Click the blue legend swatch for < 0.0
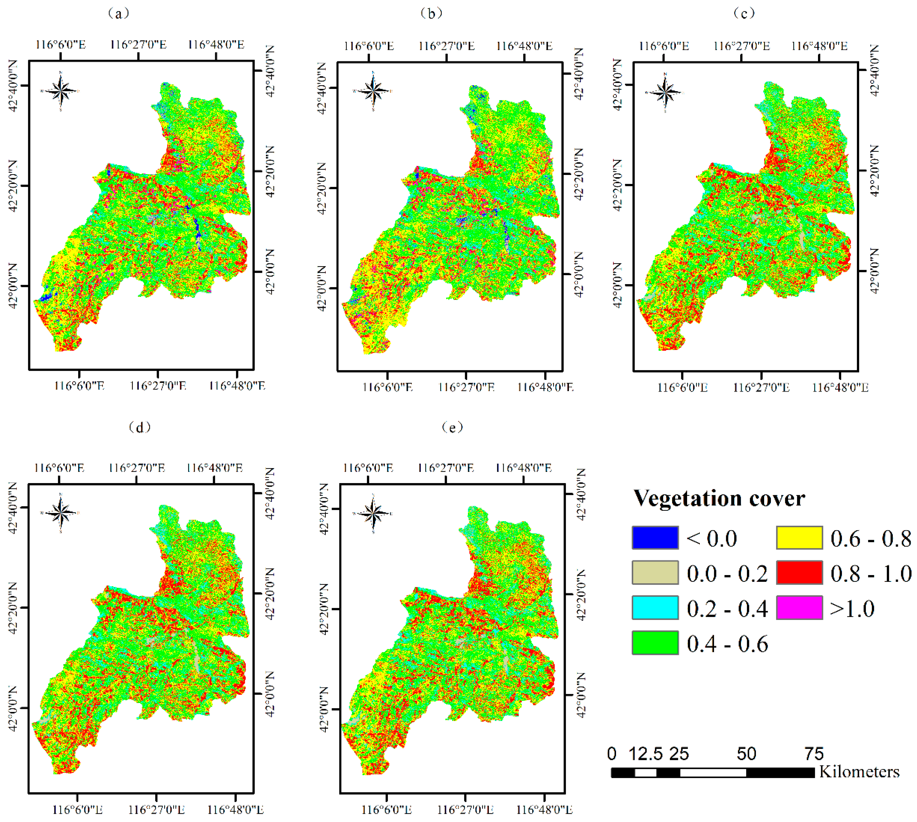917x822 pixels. coord(655,538)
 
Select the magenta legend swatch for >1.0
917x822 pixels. coord(799,608)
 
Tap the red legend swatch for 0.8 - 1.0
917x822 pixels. coord(799,573)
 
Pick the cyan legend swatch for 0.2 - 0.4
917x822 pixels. coord(655,608)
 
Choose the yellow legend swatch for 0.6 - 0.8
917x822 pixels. coord(799,538)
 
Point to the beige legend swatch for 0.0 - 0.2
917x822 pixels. coord(655,573)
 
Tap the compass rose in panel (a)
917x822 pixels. coord(60,91)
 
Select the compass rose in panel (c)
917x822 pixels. coord(665,93)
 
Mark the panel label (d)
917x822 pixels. coord(140,427)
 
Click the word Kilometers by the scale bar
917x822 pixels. coord(859,772)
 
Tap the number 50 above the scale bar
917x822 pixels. coord(746,754)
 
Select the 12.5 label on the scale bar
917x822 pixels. coord(646,754)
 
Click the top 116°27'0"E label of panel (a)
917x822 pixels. coord(138,45)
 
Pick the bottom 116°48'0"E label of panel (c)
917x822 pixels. coord(840,387)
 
